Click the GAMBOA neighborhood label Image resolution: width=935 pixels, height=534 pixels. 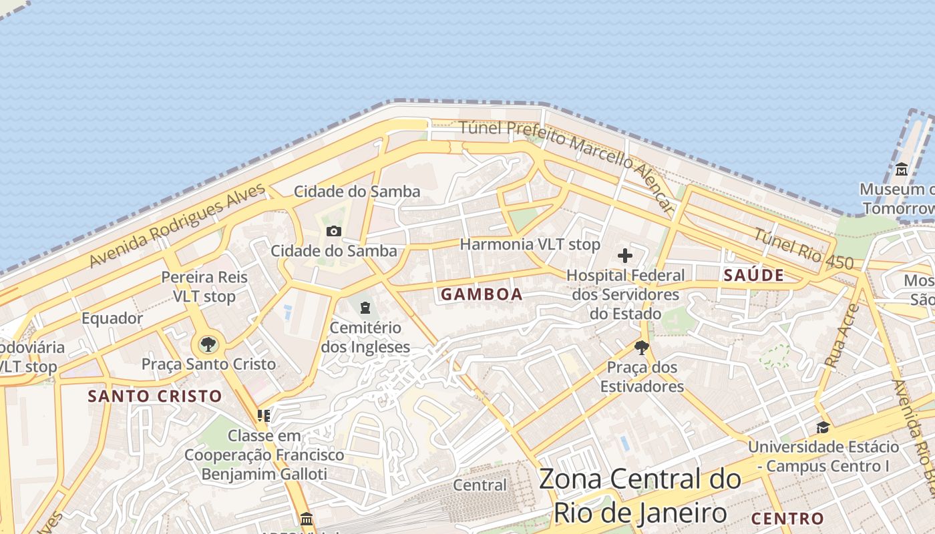482,294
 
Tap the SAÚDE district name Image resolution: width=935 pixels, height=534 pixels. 754,275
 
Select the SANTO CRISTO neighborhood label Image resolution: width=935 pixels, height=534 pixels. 155,396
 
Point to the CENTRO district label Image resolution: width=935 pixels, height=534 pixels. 787,519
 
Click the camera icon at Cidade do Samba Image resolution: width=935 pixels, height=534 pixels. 333,232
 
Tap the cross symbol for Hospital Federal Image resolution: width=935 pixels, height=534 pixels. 625,256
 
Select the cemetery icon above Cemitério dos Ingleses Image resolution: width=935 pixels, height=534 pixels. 365,308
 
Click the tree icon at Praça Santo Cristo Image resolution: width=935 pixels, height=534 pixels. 208,344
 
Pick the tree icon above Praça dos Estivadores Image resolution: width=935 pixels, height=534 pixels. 641,347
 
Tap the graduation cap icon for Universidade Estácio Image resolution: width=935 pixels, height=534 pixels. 823,427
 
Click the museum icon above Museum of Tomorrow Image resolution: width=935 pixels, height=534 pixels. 902,170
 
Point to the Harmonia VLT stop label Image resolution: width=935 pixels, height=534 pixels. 530,244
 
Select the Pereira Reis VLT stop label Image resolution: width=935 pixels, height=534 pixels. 204,286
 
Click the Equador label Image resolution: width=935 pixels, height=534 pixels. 112,318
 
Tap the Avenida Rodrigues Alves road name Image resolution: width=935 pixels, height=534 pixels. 177,226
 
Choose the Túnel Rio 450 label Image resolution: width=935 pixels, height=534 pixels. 803,249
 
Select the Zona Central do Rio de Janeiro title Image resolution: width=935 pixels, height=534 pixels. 640,496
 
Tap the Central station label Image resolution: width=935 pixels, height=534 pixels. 480,485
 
